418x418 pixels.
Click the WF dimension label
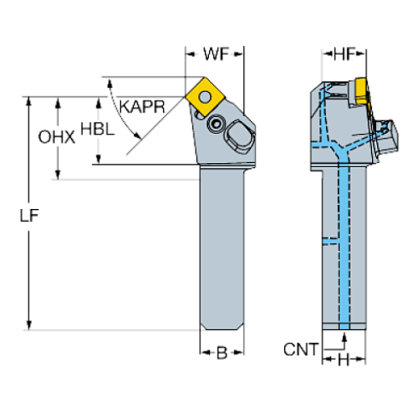tap(213, 55)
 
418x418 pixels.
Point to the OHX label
tap(57, 136)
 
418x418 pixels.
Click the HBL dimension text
tap(96, 131)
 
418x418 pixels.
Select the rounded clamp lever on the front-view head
tap(236, 137)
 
